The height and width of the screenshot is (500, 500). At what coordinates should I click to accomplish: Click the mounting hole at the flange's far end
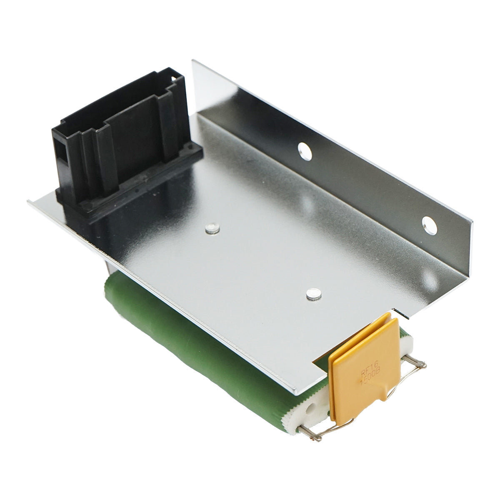point(430,225)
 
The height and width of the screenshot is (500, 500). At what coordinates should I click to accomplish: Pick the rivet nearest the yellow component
point(313,295)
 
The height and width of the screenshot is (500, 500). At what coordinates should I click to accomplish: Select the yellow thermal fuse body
point(362,375)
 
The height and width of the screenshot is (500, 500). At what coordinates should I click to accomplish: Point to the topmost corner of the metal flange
point(192,61)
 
